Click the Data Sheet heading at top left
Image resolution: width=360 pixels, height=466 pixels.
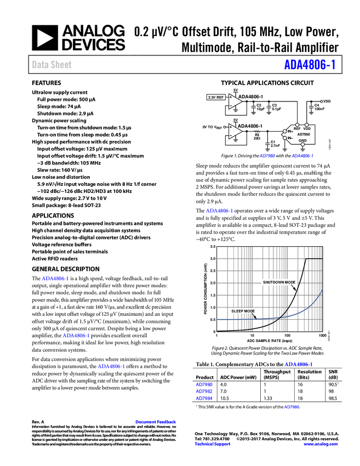52,65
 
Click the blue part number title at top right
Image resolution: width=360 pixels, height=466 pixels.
310,65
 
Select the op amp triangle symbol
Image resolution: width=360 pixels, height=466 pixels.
235,132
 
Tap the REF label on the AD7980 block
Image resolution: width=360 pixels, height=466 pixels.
297,129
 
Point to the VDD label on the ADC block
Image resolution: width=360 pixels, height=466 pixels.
307,129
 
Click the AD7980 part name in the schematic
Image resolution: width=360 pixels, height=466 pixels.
303,134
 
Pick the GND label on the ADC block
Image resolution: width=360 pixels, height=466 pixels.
302,140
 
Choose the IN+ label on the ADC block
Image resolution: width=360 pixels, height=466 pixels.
290,132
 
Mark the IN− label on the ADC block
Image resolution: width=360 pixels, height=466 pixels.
290,138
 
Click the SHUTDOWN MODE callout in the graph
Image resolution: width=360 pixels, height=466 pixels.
279,282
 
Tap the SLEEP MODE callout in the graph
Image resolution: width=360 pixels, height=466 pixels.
243,311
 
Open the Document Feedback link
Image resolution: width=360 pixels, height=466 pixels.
156,422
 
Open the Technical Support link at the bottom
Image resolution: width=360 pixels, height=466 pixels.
213,444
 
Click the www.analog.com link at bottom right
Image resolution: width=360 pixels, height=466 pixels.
321,444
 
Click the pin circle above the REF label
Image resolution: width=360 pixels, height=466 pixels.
297,125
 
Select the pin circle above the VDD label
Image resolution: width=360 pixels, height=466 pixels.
307,125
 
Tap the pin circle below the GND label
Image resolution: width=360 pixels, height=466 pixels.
302,145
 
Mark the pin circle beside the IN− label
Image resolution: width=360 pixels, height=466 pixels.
285,138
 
